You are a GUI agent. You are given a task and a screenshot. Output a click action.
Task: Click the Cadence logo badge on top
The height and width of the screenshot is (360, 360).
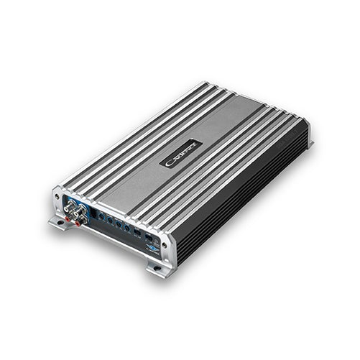coord(181,152)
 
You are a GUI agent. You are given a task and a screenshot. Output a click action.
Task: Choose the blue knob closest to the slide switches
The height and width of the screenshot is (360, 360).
coord(127,229)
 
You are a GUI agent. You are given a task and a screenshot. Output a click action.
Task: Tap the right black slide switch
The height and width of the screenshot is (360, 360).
coord(149,238)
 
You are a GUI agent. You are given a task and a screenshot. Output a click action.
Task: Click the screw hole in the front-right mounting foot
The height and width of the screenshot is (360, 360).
coord(157,269)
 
